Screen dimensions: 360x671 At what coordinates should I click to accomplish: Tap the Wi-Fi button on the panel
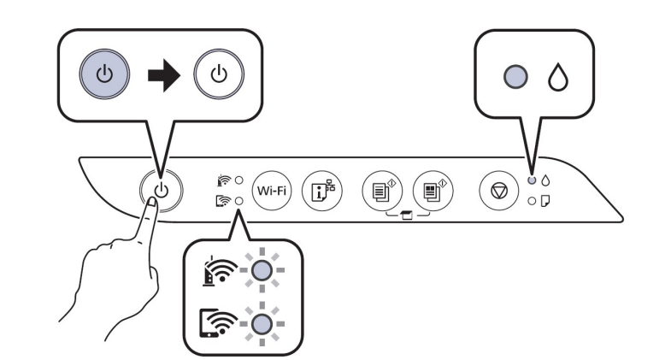pos(274,188)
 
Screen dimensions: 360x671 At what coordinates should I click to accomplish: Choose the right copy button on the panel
pos(430,188)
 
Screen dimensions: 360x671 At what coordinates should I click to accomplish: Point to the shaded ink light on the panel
pos(531,180)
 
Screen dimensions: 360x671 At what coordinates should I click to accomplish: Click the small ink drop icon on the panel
pos(545,180)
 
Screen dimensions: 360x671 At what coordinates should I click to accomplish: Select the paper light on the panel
pos(531,200)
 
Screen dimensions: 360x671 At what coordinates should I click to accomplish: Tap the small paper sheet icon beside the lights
pos(545,200)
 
